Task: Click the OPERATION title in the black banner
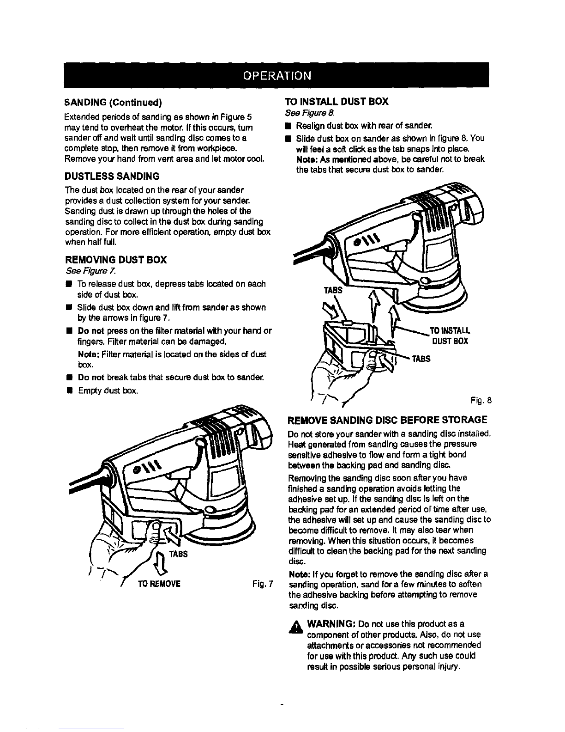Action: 277,75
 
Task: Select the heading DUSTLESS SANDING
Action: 112,176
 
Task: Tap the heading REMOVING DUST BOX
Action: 116,260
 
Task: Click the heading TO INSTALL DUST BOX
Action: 337,101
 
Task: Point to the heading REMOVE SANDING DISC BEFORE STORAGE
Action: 387,420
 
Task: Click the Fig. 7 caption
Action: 263,584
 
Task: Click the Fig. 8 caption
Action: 481,400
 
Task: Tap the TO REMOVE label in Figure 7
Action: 159,584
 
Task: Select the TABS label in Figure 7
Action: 178,554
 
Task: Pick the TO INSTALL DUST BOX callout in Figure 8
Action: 450,335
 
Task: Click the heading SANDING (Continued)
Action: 114,102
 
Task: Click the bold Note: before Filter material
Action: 88,354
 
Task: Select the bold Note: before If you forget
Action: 300,574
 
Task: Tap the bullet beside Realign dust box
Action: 288,126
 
